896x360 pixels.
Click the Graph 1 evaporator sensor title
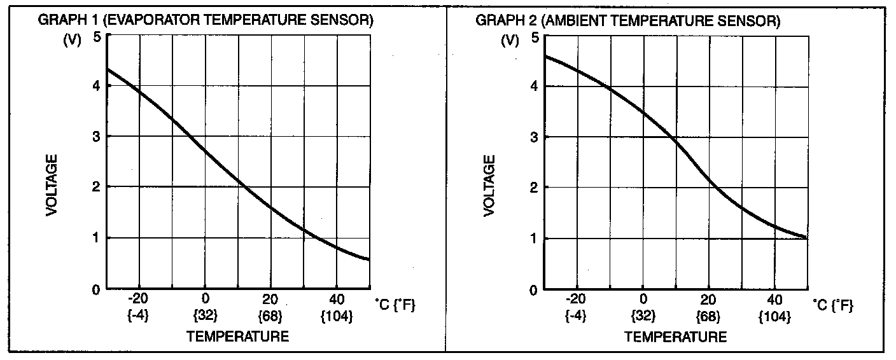coord(206,20)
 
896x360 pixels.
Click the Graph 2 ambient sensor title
coord(627,21)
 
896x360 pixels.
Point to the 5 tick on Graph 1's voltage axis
coord(97,36)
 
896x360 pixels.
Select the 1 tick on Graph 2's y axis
coord(534,239)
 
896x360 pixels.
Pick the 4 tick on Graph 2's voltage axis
coord(534,86)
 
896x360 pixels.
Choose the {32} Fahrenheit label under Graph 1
coord(205,315)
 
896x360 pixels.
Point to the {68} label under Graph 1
coord(270,315)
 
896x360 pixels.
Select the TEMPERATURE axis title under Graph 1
coord(237,336)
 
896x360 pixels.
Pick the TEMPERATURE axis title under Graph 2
coord(675,336)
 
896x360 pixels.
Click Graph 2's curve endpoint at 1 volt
coord(806,238)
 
